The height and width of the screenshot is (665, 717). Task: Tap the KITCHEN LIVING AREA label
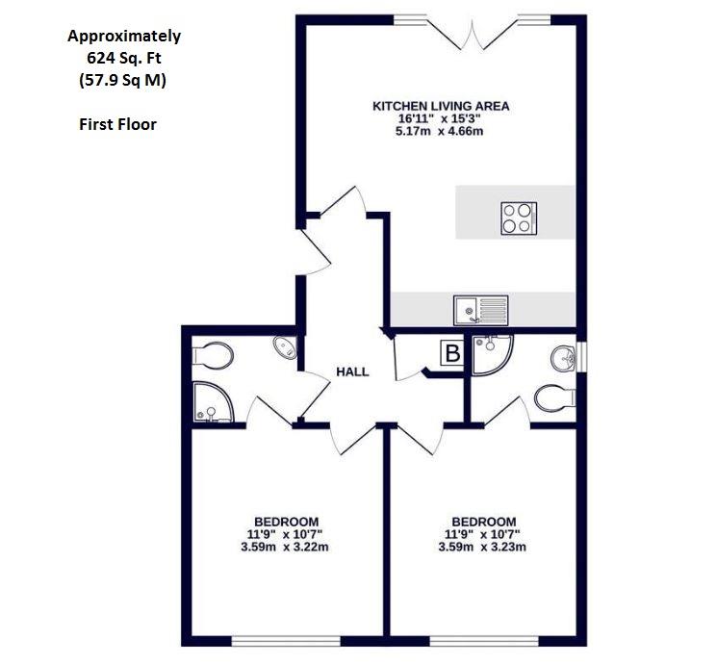click(441, 106)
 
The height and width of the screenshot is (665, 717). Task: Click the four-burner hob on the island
click(517, 219)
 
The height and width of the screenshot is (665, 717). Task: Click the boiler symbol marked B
click(450, 354)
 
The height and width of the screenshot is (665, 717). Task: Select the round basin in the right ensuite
click(566, 358)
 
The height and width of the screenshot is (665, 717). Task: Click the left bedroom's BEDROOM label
click(286, 522)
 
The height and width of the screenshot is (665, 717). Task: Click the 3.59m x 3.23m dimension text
click(481, 548)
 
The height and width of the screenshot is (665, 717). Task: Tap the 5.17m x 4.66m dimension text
click(441, 131)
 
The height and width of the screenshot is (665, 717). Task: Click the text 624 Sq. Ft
click(124, 59)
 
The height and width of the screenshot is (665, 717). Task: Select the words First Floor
click(117, 124)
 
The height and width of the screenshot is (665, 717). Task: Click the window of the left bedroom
click(286, 640)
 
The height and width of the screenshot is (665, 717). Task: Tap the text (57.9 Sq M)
click(123, 81)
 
